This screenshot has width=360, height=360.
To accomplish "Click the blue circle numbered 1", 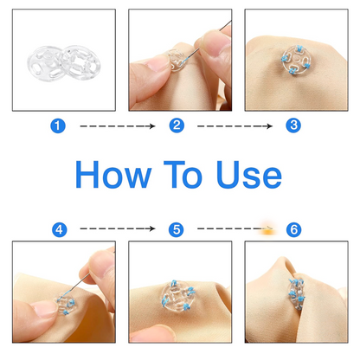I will click(59, 125).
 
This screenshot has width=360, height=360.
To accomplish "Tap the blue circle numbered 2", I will click(177, 125).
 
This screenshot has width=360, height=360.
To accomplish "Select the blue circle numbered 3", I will click(293, 125).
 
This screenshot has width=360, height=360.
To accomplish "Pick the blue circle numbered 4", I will click(59, 229).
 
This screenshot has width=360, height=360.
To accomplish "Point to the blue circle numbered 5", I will click(177, 229).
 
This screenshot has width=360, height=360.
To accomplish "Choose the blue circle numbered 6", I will click(293, 229).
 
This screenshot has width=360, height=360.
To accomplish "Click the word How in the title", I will click(114, 176).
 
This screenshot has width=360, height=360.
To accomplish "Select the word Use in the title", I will click(250, 176).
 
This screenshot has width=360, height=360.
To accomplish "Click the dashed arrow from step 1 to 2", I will click(117, 126).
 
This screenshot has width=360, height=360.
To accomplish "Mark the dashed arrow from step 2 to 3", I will click(235, 126).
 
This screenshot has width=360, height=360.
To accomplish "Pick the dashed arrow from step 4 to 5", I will click(117, 229).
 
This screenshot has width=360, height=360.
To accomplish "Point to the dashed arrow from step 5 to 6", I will click(229, 229).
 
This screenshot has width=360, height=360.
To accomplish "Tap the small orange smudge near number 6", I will click(269, 228).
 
